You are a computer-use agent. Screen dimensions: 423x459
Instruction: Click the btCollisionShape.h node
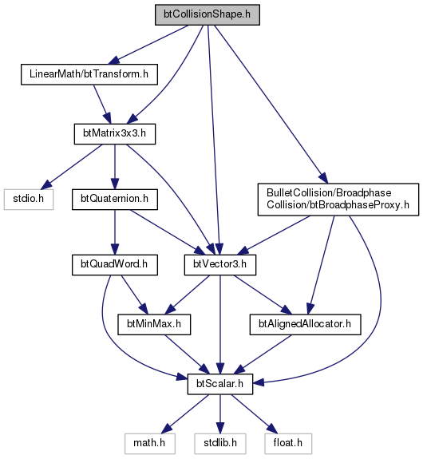click(x=208, y=14)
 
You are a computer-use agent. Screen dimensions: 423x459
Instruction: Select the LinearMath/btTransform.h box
click(x=89, y=74)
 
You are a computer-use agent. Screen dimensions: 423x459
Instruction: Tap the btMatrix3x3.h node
click(x=115, y=134)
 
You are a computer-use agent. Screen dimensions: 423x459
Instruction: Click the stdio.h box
click(x=29, y=200)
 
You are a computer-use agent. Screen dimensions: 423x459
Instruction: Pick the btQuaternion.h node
click(x=115, y=200)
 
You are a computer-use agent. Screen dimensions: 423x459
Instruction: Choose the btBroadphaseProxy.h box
click(x=338, y=200)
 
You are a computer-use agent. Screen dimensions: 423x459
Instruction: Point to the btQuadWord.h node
click(x=115, y=265)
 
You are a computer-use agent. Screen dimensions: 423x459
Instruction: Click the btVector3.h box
click(x=220, y=265)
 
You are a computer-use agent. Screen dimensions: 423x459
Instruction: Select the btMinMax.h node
click(x=154, y=325)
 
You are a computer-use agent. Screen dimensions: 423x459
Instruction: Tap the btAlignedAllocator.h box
click(x=306, y=325)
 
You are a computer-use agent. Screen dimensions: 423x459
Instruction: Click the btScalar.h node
click(x=220, y=384)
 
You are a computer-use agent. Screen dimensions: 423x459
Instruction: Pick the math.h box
click(x=150, y=444)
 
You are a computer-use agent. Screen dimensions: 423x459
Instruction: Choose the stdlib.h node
click(x=220, y=444)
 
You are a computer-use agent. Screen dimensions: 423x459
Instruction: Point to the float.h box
click(x=288, y=444)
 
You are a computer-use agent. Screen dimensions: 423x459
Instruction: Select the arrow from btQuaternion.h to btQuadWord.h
click(x=115, y=232)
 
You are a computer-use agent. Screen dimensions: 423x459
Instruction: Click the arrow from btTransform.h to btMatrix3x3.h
click(x=102, y=105)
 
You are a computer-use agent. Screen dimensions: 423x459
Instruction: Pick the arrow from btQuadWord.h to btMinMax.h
click(x=134, y=295)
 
